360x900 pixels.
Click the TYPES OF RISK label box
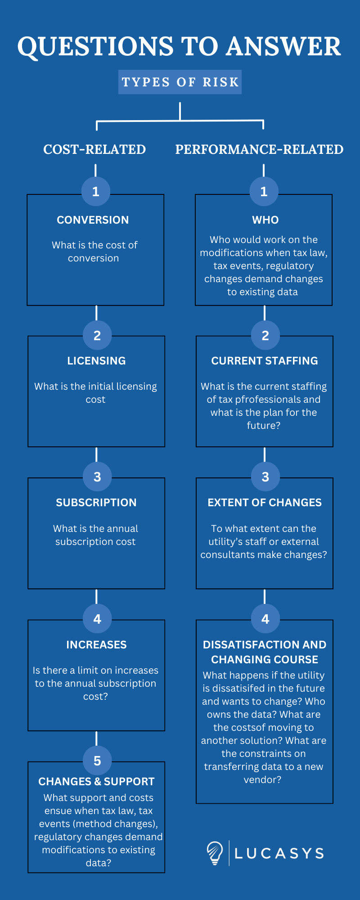pyautogui.click(x=180, y=82)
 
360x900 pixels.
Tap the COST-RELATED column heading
pyautogui.click(x=94, y=149)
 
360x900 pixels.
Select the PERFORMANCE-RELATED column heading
pyautogui.click(x=259, y=149)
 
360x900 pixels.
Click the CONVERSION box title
pyautogui.click(x=93, y=220)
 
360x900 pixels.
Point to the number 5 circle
pyautogui.click(x=97, y=761)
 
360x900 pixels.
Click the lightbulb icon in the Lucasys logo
pyautogui.click(x=215, y=853)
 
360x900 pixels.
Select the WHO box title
pyautogui.click(x=265, y=220)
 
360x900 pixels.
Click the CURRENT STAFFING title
pyautogui.click(x=265, y=361)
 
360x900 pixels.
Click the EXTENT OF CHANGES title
pyautogui.click(x=265, y=503)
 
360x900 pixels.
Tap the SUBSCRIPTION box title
pyautogui.click(x=96, y=503)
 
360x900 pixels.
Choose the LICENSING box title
pyautogui.click(x=96, y=361)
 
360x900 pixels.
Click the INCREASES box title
pyautogui.click(x=96, y=645)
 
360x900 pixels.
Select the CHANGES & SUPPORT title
pyautogui.click(x=96, y=782)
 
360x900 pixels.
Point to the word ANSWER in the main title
pyautogui.click(x=283, y=46)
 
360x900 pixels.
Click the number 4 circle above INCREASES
pyautogui.click(x=97, y=619)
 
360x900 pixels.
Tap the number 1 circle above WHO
pyautogui.click(x=264, y=192)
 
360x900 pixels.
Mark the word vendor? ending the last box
pyautogui.click(x=262, y=780)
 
